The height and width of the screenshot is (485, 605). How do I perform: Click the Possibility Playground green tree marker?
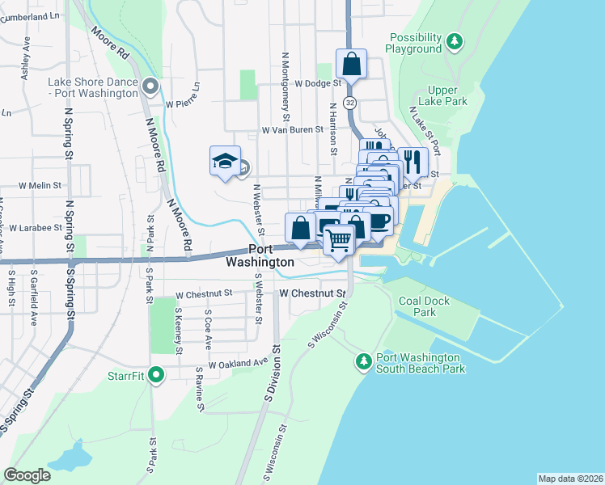tap(455, 40)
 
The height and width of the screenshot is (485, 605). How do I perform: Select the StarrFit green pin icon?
tap(157, 375)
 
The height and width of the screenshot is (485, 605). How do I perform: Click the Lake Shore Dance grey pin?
tap(150, 86)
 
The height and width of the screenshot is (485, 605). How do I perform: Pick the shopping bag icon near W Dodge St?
tap(351, 64)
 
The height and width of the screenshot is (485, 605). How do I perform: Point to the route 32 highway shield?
tap(349, 103)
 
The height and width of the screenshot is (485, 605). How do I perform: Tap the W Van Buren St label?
tap(292, 129)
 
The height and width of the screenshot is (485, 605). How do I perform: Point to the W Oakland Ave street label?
tap(237, 365)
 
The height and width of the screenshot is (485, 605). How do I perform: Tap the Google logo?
tap(27, 474)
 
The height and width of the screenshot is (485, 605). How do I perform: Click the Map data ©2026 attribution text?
tap(570, 479)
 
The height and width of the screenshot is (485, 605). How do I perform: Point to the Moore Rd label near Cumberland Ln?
tap(111, 45)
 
